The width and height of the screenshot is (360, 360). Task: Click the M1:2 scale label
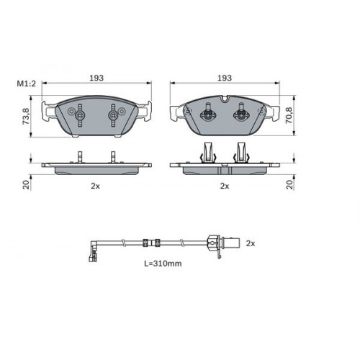click(x=26, y=84)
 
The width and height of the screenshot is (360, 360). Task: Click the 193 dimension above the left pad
click(x=96, y=78)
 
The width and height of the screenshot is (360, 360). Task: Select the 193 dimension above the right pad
click(x=225, y=78)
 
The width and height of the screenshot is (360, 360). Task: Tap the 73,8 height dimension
click(x=26, y=116)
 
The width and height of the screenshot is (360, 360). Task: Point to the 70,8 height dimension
click(x=289, y=115)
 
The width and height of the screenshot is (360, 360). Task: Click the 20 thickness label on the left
click(x=26, y=184)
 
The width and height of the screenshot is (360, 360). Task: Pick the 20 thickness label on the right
click(x=290, y=184)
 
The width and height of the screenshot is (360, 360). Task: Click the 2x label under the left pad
click(x=95, y=186)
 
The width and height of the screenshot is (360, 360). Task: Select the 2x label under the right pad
click(x=225, y=186)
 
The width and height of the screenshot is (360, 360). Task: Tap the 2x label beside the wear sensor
click(x=251, y=243)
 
